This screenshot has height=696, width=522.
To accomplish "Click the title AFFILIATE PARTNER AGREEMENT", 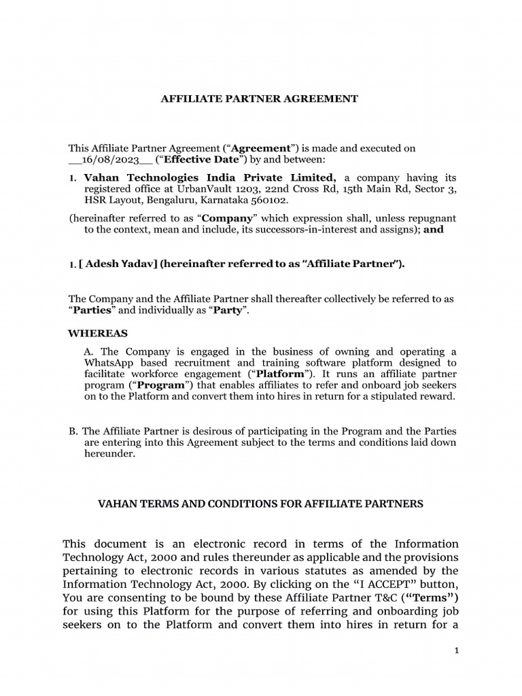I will [x=259, y=99].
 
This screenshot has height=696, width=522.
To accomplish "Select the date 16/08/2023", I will [x=105, y=160].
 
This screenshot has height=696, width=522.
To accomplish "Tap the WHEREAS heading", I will [x=98, y=334].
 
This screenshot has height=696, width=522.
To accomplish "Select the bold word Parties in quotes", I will [x=93, y=311].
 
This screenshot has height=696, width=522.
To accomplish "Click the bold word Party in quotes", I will [x=228, y=311].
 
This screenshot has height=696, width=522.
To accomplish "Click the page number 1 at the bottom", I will [x=457, y=650].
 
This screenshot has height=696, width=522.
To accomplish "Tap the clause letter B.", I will [x=73, y=432].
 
